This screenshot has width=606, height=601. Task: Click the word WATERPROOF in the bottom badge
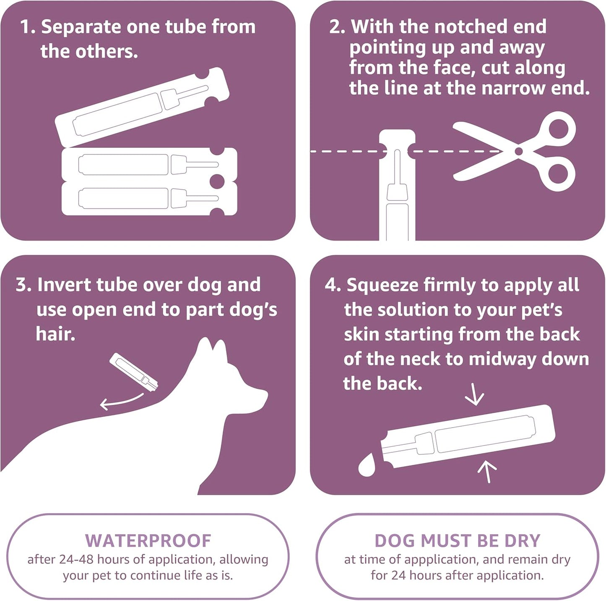click(148, 541)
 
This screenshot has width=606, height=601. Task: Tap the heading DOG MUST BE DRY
click(457, 541)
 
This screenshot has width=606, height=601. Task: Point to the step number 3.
click(23, 285)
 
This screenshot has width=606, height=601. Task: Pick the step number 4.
click(332, 285)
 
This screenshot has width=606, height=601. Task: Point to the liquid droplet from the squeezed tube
click(367, 465)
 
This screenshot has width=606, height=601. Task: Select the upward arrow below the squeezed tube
click(487, 471)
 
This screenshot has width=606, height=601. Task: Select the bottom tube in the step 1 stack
click(149, 199)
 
